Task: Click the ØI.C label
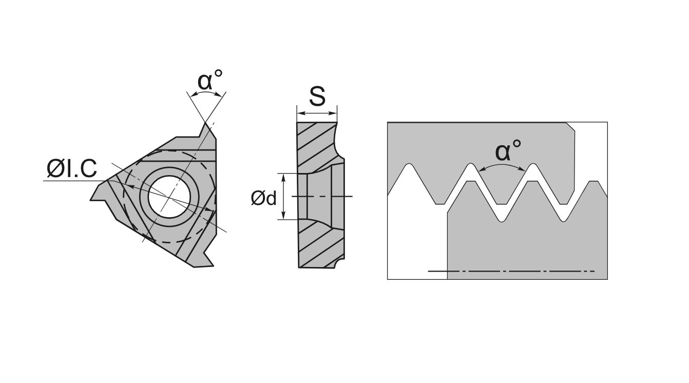point(71,169)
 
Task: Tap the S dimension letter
point(317,95)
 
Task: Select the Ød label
point(263,198)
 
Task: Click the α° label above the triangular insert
point(210,80)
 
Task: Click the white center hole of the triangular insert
point(169,197)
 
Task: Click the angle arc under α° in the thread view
point(502,166)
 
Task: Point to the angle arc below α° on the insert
point(206,93)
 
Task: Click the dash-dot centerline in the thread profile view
point(511,271)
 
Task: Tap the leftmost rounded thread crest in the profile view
point(409,167)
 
